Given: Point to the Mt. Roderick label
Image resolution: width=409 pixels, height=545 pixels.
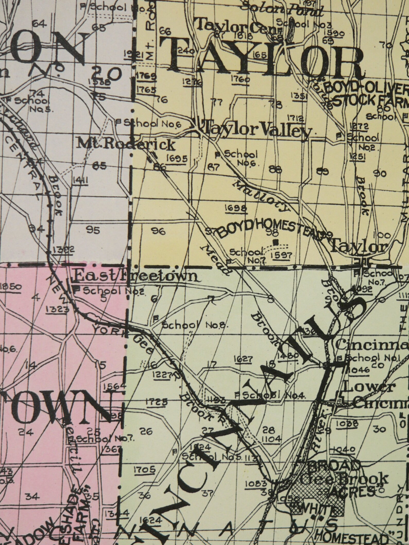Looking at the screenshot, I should tap(126, 145).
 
